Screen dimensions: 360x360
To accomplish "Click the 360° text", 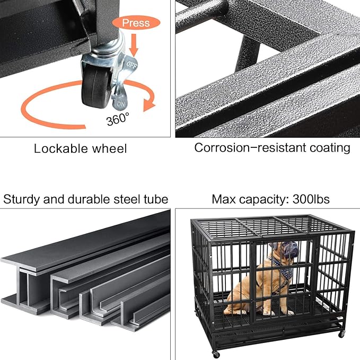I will [118, 119].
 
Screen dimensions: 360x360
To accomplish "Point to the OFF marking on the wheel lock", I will [131, 64].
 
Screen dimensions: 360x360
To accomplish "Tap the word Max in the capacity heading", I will [223, 199].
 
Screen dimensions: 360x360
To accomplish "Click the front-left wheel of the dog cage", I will [216, 354].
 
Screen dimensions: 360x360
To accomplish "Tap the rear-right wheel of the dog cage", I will [341, 333].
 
